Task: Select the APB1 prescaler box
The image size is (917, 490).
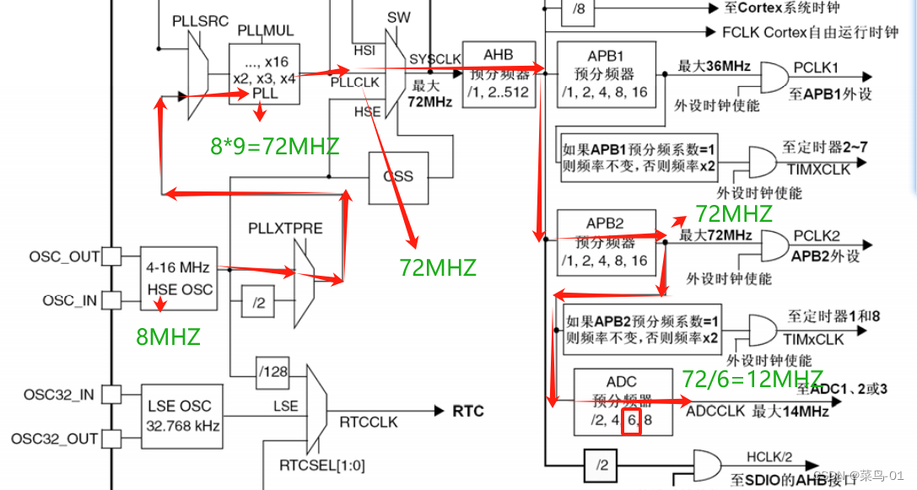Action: tap(607, 73)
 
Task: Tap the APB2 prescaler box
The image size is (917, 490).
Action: tap(607, 243)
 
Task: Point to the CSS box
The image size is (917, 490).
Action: tap(397, 176)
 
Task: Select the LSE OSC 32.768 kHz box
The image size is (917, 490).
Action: tap(182, 416)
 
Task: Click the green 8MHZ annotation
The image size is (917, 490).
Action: tap(168, 337)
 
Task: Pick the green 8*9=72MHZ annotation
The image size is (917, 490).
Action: tap(274, 147)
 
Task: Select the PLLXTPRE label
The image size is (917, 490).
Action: tap(285, 229)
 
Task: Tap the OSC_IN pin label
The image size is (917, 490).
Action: tap(71, 300)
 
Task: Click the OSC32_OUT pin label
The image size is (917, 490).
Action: tap(60, 439)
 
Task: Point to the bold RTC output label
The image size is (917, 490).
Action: tap(468, 411)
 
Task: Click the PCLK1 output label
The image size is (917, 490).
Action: tap(816, 66)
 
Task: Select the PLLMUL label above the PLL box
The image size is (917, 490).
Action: tap(265, 31)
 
